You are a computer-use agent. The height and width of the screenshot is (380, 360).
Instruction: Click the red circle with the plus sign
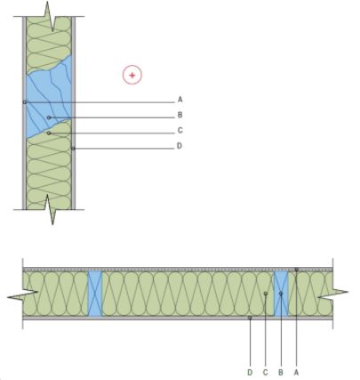(132, 75)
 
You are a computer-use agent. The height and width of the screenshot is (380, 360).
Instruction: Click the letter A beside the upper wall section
(180, 100)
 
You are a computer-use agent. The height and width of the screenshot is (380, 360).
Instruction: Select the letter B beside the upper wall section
(180, 115)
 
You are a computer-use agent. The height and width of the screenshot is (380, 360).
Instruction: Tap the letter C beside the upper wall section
(180, 130)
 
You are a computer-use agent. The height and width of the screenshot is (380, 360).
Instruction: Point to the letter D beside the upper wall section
(180, 146)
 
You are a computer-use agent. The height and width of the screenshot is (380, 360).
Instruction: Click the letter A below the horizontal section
(296, 372)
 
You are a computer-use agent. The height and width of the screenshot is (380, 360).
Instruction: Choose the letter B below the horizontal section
(281, 372)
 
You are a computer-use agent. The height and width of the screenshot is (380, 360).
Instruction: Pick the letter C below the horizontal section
(265, 372)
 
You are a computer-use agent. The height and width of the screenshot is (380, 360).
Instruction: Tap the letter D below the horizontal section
(250, 372)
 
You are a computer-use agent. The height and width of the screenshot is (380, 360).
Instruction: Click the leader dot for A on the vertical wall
(25, 102)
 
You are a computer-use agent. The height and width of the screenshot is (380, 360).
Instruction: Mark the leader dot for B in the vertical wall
(49, 117)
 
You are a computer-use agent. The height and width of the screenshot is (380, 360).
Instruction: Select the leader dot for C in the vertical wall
(49, 133)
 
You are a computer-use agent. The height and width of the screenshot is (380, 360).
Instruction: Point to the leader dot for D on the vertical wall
(73, 149)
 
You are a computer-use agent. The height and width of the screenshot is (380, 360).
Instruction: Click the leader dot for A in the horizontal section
(296, 270)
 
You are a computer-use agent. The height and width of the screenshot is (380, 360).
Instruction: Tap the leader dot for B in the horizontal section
(281, 294)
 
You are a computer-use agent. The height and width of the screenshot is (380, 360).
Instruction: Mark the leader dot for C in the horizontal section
(266, 294)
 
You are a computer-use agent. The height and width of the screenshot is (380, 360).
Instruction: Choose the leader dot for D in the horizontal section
(250, 318)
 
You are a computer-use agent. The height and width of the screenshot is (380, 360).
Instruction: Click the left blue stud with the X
(95, 294)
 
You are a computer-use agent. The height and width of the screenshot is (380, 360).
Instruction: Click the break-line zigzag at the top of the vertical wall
(51, 16)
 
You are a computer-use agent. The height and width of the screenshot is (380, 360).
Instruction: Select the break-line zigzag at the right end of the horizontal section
(332, 293)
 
